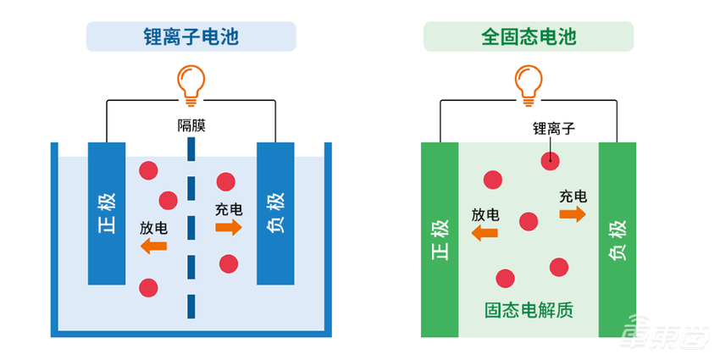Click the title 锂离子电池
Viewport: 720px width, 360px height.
(191, 37)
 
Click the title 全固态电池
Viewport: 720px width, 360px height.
(528, 37)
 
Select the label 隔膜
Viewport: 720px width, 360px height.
(191, 126)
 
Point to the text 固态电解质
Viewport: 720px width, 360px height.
(529, 310)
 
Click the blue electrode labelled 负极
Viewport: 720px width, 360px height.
(275, 213)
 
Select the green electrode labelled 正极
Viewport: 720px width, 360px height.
(439, 241)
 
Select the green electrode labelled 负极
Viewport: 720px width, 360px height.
(618, 241)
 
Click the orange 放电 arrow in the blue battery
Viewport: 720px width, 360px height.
(153, 246)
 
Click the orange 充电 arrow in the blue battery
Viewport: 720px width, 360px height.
(229, 227)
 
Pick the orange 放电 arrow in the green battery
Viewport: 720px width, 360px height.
(485, 233)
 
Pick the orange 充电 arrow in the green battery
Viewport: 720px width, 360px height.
(573, 214)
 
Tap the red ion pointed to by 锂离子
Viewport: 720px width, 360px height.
(551, 160)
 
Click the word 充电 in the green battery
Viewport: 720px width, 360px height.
(573, 197)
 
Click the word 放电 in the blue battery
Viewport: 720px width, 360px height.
(153, 228)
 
